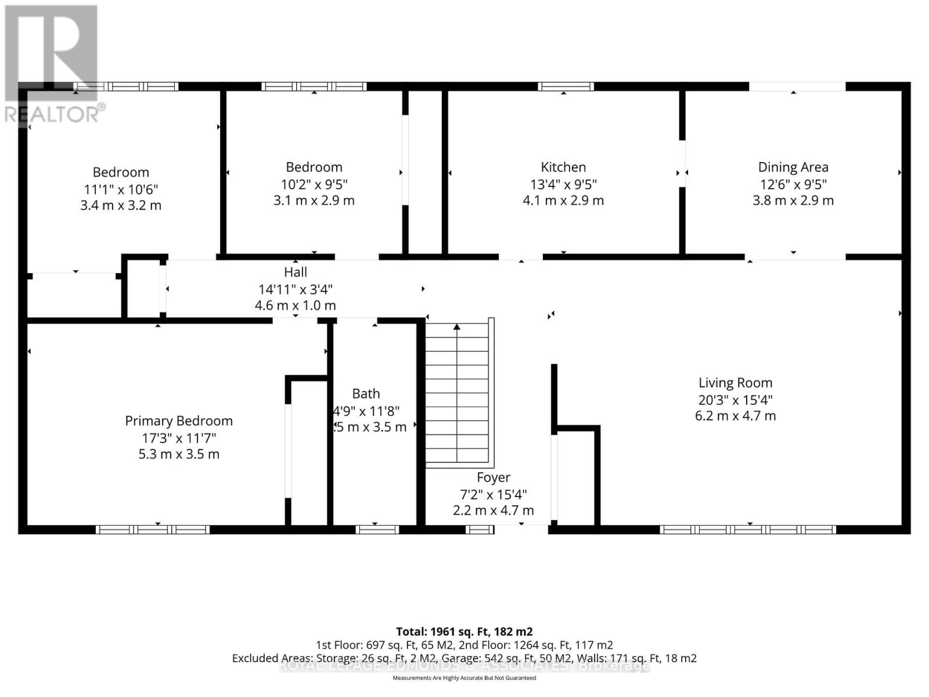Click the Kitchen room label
pyautogui.click(x=563, y=167)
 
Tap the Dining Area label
pyautogui.click(x=793, y=167)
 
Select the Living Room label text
pyautogui.click(x=735, y=383)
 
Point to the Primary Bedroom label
pyautogui.click(x=179, y=421)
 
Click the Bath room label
pyautogui.click(x=366, y=394)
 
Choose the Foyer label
pyautogui.click(x=494, y=477)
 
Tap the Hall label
pyautogui.click(x=296, y=272)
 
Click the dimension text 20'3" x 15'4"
pyautogui.click(x=735, y=400)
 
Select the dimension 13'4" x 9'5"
pyautogui.click(x=563, y=184)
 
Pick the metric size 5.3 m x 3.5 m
pyautogui.click(x=179, y=454)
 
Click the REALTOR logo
pyautogui.click(x=52, y=64)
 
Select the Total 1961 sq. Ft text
pyautogui.click(x=464, y=631)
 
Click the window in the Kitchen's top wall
pyautogui.click(x=566, y=87)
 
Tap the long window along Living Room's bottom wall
pyautogui.click(x=748, y=529)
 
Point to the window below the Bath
pyautogui.click(x=377, y=529)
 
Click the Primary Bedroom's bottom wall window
pyautogui.click(x=152, y=529)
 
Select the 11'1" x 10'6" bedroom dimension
pyautogui.click(x=121, y=189)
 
